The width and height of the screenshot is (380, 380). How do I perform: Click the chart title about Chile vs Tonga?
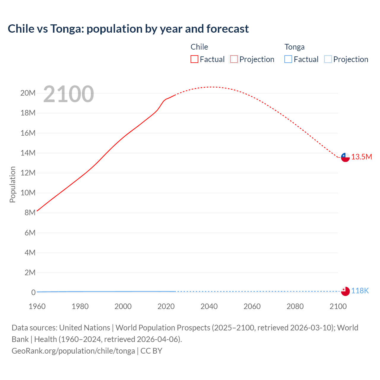128,29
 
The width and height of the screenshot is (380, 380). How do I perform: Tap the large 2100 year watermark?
69,94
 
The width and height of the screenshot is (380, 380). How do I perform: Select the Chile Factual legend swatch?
194,59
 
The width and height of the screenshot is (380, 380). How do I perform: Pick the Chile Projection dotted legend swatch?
234,59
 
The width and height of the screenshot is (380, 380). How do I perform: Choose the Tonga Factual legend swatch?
288,59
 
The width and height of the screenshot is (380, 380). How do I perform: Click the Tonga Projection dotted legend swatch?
328,59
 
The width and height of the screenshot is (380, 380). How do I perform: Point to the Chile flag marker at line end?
345,157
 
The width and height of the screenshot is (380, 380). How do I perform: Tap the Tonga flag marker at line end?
345,291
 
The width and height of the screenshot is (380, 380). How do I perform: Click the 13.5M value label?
362,157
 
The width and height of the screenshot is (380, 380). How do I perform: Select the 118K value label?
360,291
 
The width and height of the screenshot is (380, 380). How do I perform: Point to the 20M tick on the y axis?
28,93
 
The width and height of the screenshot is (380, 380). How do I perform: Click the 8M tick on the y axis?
30,213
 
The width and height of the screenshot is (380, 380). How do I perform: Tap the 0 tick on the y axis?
33,292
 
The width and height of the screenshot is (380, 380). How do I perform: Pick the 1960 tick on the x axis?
37,306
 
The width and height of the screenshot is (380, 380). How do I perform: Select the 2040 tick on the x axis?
209,306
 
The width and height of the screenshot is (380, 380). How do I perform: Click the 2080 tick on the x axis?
295,306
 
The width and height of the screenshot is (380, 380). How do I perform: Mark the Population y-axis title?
12,184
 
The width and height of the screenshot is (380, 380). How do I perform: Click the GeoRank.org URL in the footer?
73,351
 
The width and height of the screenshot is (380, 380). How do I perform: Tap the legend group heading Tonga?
294,47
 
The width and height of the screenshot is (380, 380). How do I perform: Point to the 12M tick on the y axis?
28,173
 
